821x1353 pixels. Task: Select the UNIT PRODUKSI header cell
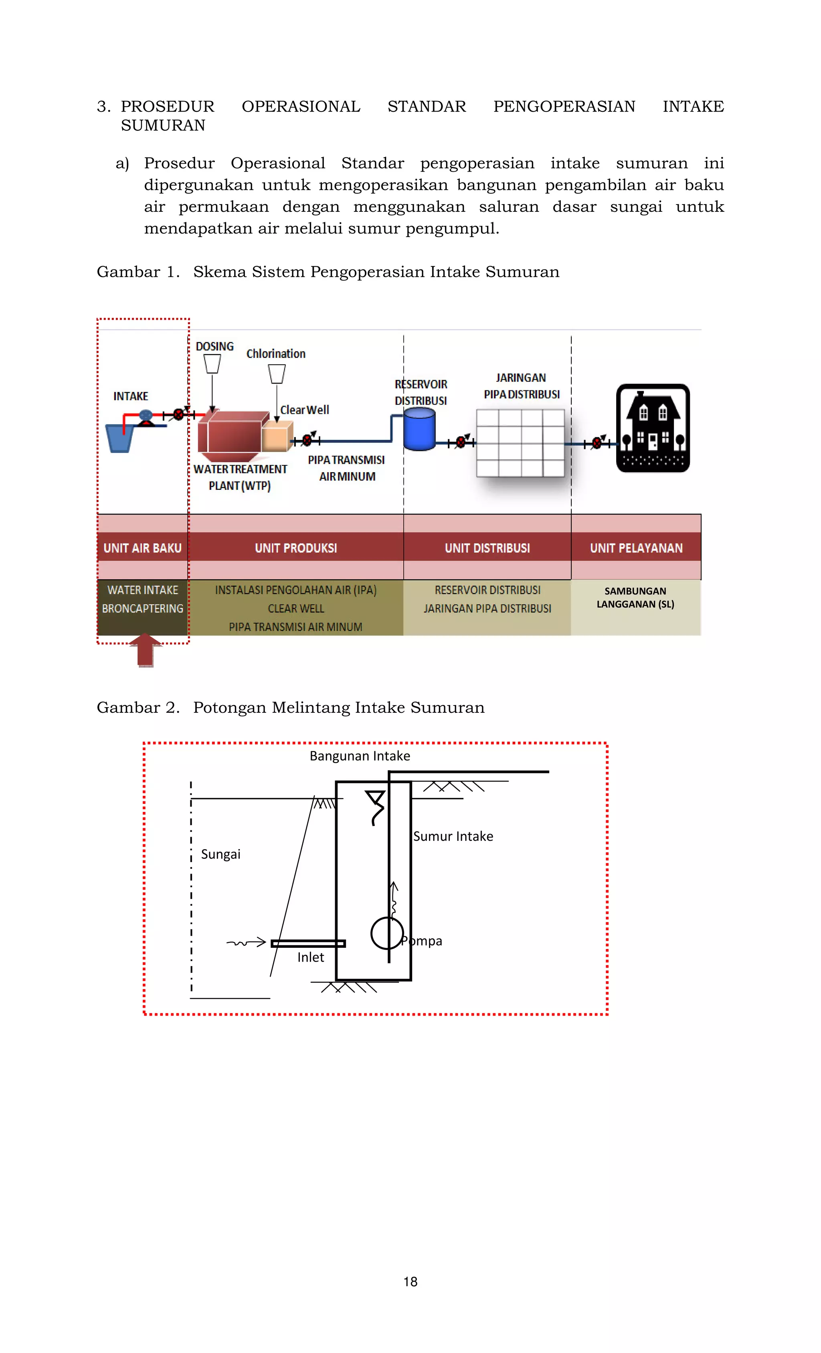point(296,548)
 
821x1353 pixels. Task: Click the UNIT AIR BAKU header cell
point(143,548)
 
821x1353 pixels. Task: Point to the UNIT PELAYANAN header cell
point(636,548)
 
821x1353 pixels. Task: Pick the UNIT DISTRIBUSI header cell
point(487,548)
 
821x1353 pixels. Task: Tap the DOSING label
point(214,347)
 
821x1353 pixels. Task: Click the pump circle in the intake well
point(387,933)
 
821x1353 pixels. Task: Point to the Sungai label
point(220,854)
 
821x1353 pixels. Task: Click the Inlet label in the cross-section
point(311,957)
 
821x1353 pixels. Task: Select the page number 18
point(410,1282)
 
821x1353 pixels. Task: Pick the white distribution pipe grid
point(520,442)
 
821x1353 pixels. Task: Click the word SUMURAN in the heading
point(163,126)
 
